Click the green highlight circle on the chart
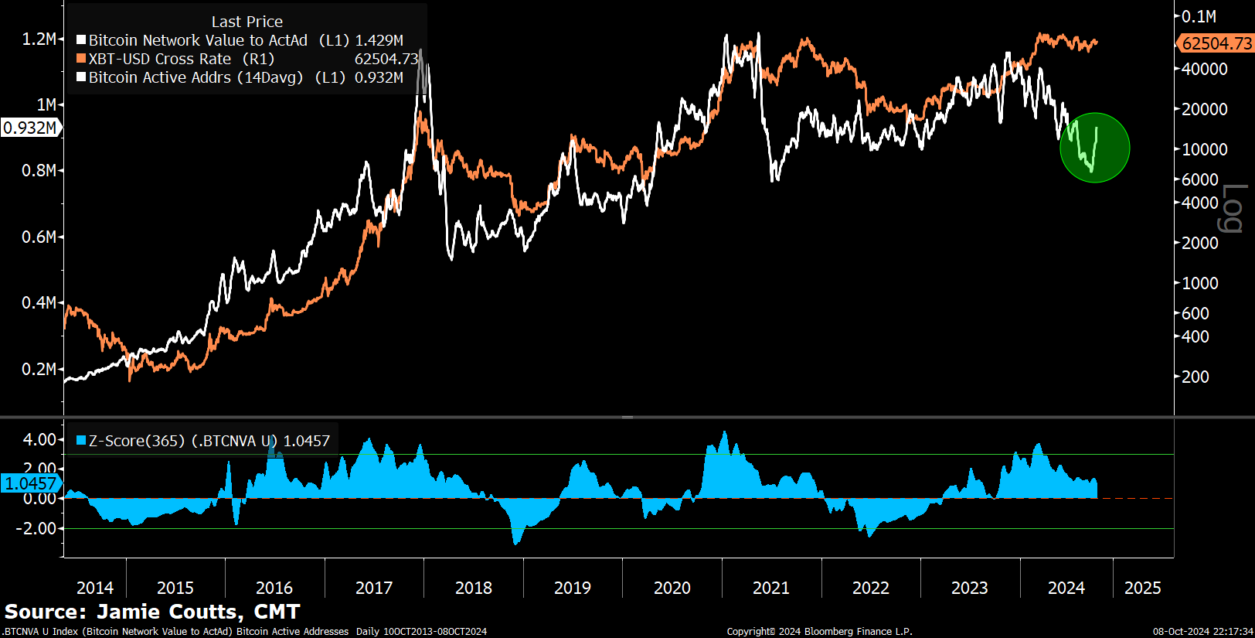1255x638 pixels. [1094, 148]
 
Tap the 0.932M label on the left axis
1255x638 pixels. [30, 128]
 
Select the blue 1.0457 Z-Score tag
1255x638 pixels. [31, 483]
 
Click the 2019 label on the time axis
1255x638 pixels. [572, 588]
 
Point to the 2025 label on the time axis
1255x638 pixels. [1142, 588]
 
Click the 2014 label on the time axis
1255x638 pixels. [95, 588]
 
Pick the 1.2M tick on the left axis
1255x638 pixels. [39, 39]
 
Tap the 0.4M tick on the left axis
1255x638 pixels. [39, 302]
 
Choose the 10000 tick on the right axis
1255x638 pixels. [1205, 149]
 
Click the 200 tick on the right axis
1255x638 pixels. [1195, 377]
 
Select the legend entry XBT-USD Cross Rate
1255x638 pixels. [159, 59]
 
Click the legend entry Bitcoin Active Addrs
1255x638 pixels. [196, 77]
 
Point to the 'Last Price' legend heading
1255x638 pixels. [247, 22]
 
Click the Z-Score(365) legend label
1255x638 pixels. [137, 441]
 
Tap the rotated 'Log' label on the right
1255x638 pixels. [1231, 208]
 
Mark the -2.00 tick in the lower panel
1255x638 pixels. [37, 528]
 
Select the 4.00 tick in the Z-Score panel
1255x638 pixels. [39, 439]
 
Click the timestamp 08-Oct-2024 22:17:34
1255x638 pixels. [1202, 632]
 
